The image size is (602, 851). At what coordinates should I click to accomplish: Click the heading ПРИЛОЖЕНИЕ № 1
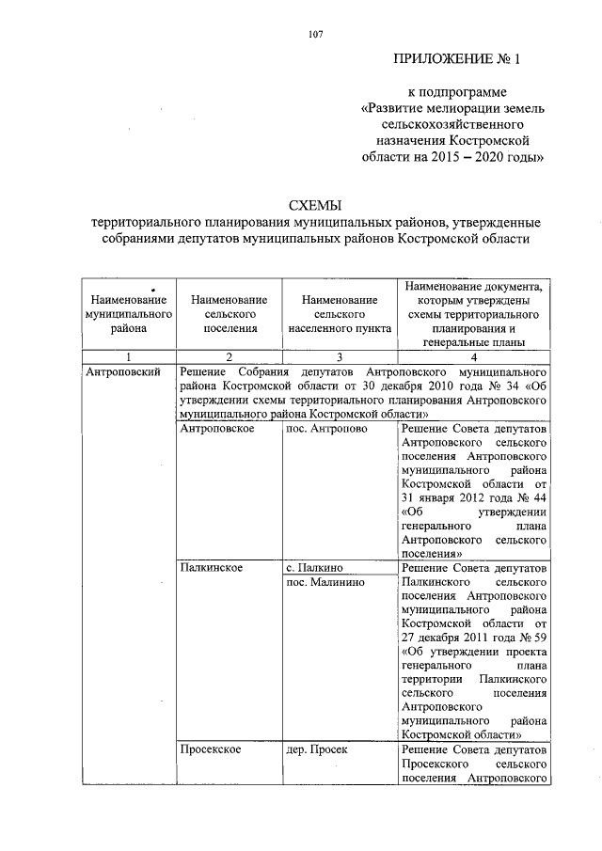[x=455, y=60]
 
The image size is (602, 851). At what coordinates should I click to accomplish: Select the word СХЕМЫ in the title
[x=314, y=205]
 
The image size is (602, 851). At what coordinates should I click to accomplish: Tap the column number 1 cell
[x=128, y=357]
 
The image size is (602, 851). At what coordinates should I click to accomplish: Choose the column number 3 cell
[x=340, y=357]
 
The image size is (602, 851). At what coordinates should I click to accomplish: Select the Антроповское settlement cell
[x=215, y=429]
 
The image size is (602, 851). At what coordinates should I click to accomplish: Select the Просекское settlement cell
[x=211, y=749]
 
